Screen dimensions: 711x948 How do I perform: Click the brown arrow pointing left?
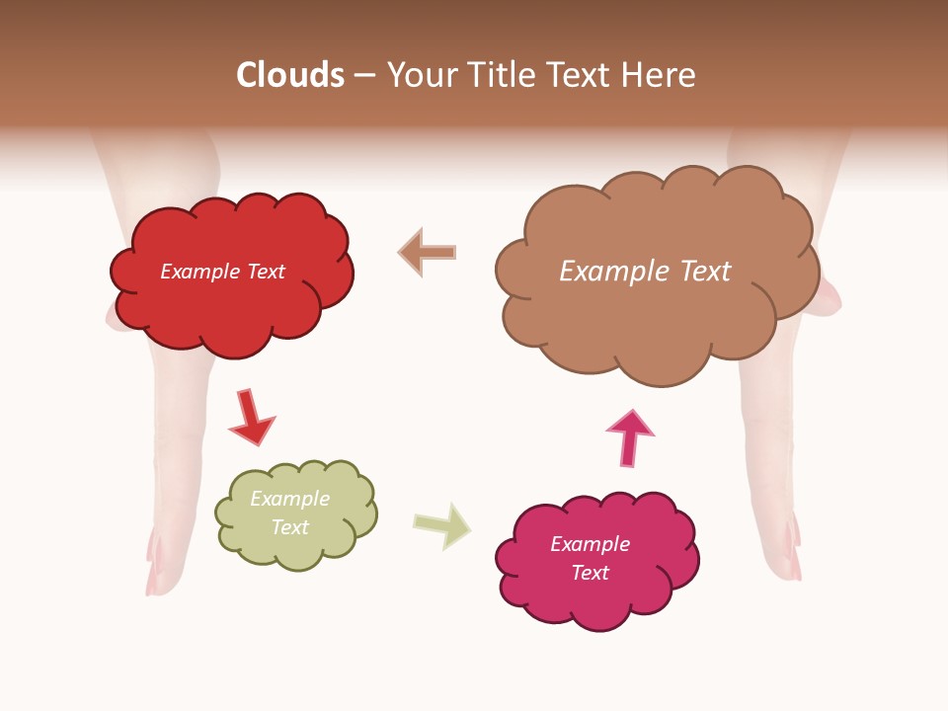click(427, 252)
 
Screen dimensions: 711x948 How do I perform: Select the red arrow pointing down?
click(250, 417)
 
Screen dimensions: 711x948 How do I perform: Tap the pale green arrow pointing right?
click(442, 524)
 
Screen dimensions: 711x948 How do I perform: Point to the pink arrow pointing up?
click(629, 436)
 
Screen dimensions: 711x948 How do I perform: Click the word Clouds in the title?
click(290, 75)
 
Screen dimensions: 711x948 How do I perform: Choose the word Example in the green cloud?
click(289, 499)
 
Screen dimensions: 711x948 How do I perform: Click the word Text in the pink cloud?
click(590, 573)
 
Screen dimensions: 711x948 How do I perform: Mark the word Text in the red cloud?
click(266, 272)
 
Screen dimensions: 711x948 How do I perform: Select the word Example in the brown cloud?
click(613, 272)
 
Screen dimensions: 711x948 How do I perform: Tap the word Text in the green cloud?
click(289, 527)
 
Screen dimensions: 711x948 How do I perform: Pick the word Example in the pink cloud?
click(590, 544)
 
